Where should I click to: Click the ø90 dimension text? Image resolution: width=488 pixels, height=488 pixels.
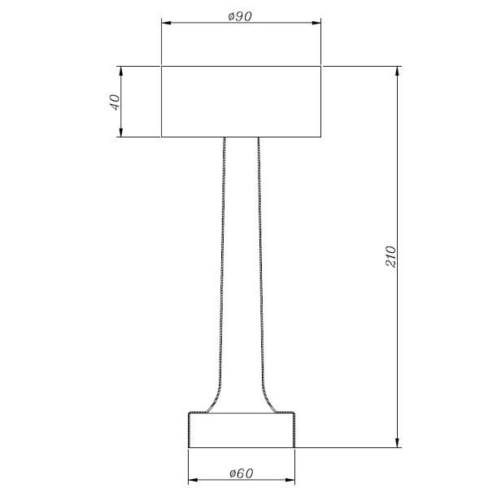click(241, 17)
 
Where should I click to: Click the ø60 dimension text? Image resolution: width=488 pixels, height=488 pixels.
click(241, 473)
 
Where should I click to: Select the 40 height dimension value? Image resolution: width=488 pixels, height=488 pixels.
click(115, 102)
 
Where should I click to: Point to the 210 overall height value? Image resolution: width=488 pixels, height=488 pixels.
click(389, 258)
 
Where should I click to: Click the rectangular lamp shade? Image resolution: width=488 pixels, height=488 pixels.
click(241, 102)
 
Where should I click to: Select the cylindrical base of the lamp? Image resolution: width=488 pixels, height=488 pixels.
click(241, 431)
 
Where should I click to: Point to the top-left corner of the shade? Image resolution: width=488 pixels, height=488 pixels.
click(161, 67)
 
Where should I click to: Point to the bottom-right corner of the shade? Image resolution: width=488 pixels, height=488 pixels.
click(321, 137)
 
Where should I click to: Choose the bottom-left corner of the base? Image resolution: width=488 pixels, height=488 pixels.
click(189, 447)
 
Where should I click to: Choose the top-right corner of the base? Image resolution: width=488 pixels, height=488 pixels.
click(294, 414)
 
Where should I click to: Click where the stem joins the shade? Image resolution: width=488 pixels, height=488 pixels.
click(241, 137)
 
